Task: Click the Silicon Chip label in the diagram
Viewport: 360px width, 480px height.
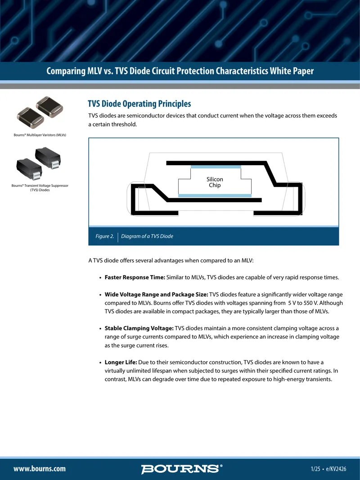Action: click(x=215, y=182)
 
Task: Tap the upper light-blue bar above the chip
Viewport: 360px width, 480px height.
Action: click(x=216, y=167)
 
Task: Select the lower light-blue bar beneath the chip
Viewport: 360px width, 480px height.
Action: click(x=215, y=195)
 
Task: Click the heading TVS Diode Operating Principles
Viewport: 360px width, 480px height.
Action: click(x=139, y=104)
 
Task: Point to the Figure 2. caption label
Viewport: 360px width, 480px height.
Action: click(x=104, y=236)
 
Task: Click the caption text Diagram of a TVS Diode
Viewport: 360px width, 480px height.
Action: click(x=147, y=236)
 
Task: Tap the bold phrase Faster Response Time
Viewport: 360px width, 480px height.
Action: click(x=135, y=277)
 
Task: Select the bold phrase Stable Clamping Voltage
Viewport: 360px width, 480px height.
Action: click(x=139, y=328)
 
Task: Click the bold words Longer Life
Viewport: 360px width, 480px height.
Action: click(x=121, y=362)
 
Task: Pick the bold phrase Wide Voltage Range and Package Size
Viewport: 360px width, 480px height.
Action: click(x=156, y=294)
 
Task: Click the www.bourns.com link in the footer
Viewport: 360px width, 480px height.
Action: click(x=40, y=469)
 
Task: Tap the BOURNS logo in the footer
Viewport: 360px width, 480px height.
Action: click(x=182, y=469)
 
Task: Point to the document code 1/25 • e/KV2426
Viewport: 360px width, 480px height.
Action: click(x=328, y=469)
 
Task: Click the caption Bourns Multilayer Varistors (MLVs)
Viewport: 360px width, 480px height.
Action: click(x=40, y=135)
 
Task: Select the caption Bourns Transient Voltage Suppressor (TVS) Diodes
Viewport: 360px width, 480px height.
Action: click(x=40, y=188)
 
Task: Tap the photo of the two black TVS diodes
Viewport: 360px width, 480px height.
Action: click(x=39, y=163)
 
